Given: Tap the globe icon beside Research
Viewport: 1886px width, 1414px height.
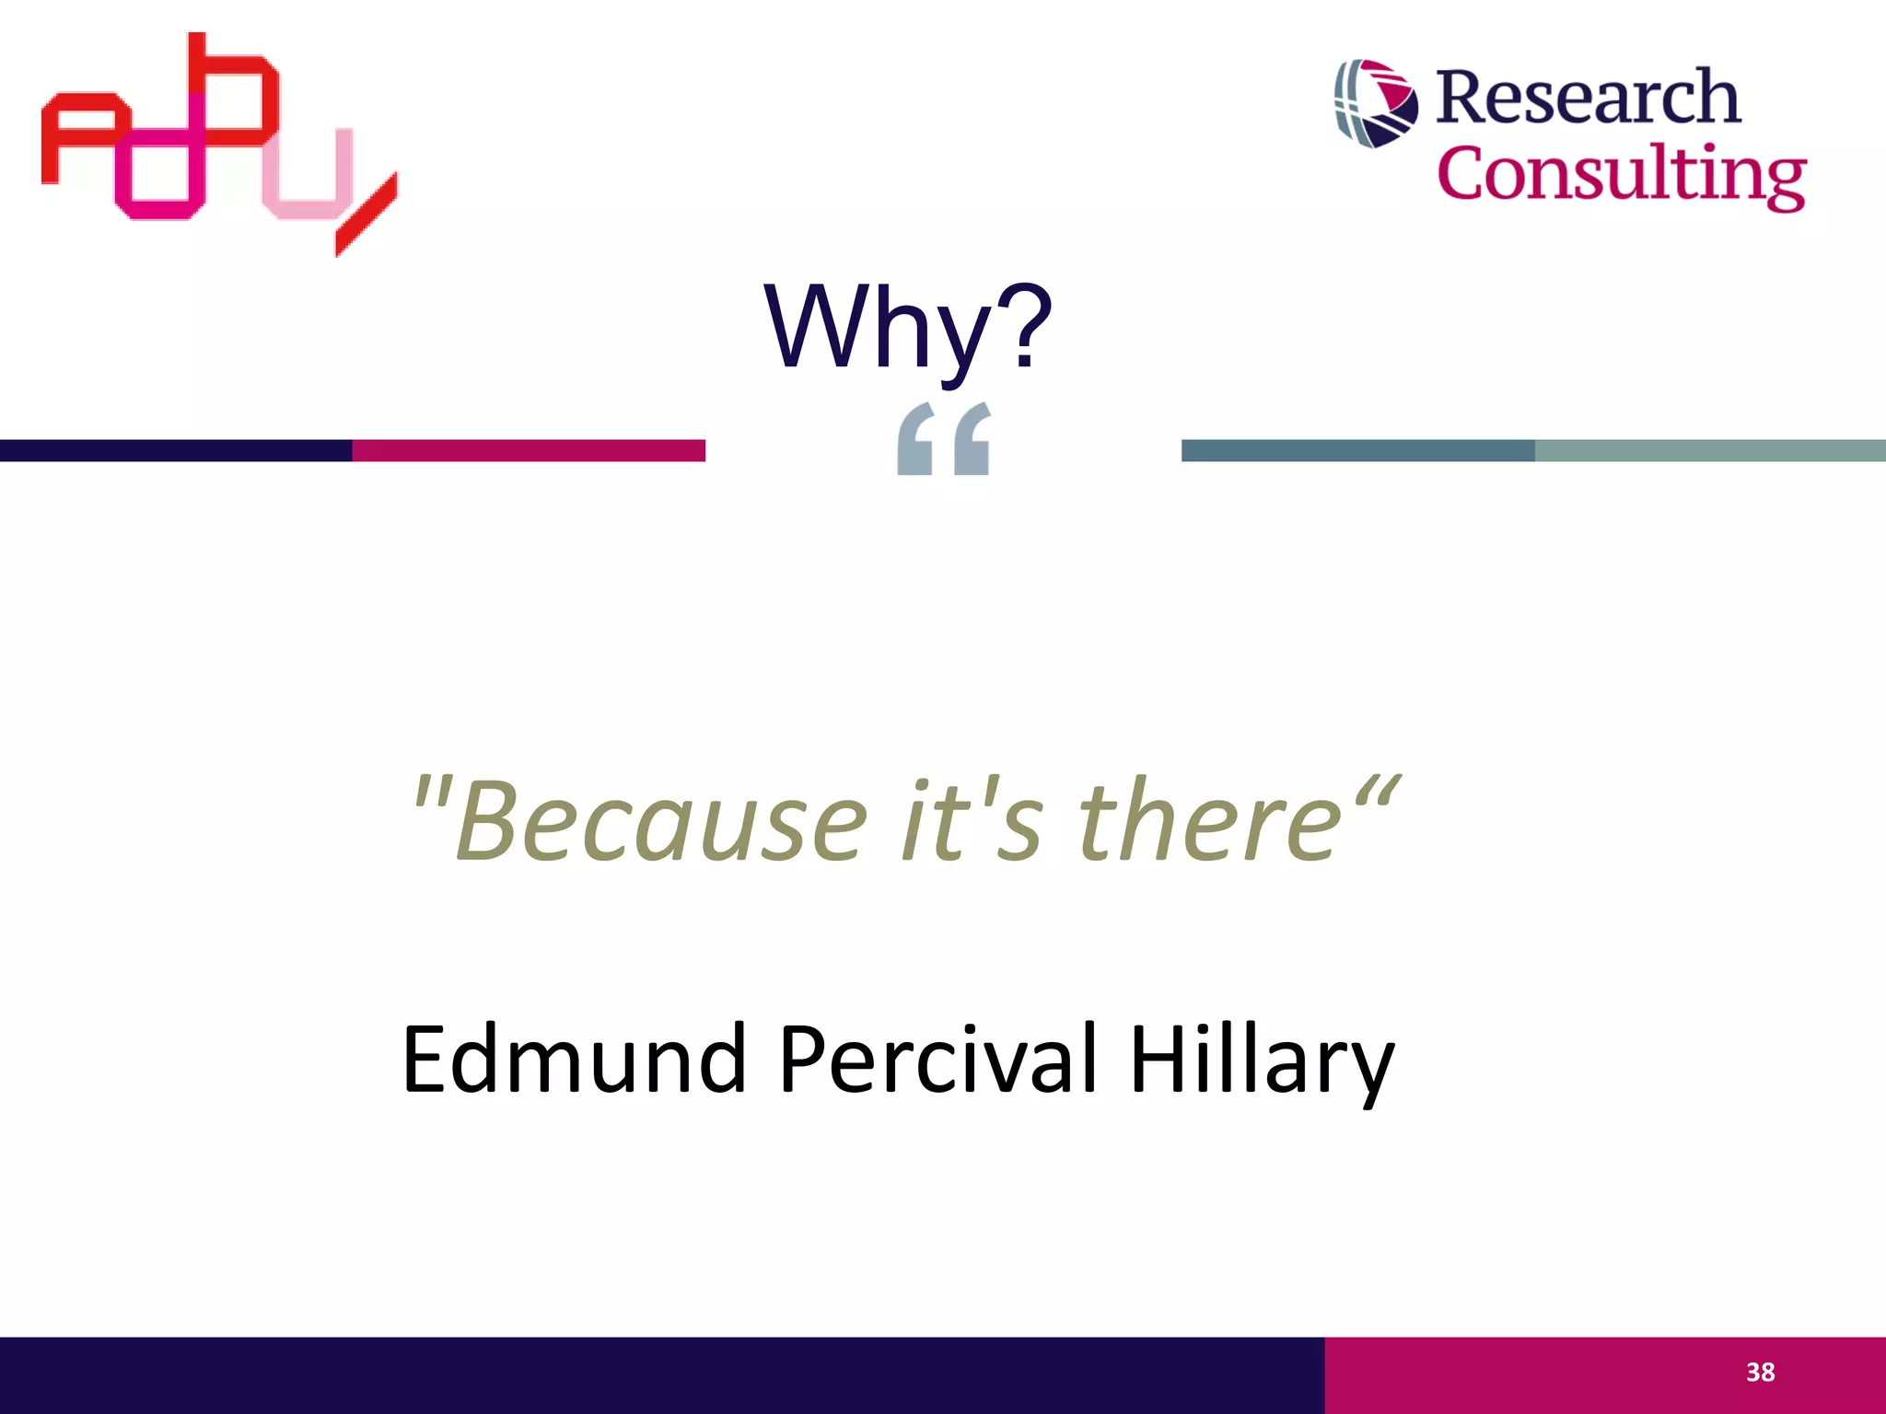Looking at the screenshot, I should coord(1376,103).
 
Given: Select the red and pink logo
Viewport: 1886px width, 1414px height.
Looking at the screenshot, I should coord(219,143).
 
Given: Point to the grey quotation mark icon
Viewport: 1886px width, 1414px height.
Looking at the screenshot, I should coord(944,439).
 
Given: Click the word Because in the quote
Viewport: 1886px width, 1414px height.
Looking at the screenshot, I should coord(661,821).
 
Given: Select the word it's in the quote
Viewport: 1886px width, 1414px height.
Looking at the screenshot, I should coord(972,821).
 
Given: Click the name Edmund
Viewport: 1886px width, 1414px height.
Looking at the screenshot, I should coord(573,1060).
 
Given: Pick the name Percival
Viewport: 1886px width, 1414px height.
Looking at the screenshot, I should coord(938,1060).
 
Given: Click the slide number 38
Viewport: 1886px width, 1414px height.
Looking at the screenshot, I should coord(1760,1373).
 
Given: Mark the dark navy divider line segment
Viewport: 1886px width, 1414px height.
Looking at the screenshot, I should coord(175,450).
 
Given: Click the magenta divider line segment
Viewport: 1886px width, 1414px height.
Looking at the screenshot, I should coord(529,450).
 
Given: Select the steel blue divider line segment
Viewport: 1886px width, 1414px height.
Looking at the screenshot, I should coord(1357,450).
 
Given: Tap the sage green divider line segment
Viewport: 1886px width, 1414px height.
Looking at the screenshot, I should coord(1710,450).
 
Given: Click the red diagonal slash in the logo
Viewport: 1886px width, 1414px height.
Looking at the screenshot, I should coord(367,215).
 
